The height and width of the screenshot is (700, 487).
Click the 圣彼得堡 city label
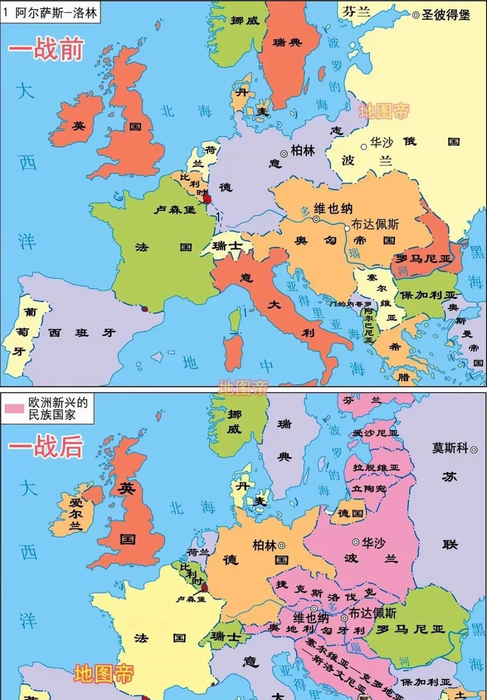pos(446,15)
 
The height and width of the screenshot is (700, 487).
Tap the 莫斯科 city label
pos(450,448)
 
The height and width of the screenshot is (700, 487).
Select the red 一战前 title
pos(46,49)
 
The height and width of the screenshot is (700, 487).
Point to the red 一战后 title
pos(46,447)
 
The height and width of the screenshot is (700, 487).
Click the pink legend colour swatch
pos(14,409)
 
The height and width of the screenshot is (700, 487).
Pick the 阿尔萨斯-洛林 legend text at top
pos(56,13)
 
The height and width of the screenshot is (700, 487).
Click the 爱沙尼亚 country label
pos(376,433)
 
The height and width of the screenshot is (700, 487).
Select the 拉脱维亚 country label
pos(376,468)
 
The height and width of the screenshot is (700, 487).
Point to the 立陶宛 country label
pos(369,489)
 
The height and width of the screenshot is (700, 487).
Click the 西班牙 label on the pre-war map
pos(82,333)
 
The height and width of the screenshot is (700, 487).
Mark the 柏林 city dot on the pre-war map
pos(284,153)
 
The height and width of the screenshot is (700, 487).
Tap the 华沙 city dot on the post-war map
pos(356,541)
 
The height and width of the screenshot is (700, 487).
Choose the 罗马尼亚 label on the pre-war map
pos(423,259)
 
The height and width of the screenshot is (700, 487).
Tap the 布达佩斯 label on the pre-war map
pos(375,224)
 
